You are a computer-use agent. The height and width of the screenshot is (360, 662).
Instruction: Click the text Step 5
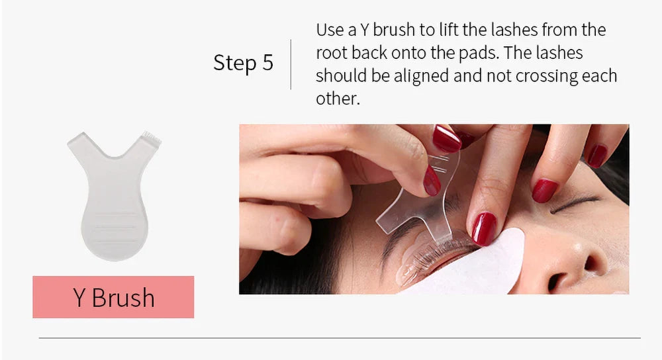click(x=243, y=63)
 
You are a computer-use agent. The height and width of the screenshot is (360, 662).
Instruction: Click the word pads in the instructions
click(x=489, y=54)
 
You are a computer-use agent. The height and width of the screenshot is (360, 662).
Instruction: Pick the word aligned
click(x=420, y=76)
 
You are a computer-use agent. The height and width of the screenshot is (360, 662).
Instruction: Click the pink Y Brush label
click(x=113, y=297)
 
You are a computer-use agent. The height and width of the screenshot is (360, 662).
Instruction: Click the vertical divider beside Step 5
click(x=291, y=64)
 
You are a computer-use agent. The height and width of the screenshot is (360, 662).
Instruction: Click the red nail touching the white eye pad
click(x=483, y=228)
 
